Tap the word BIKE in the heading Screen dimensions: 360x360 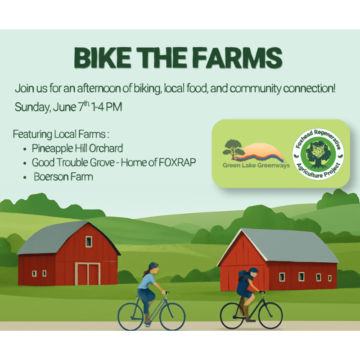tap(103, 58)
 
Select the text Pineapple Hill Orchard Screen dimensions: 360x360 tap(77, 148)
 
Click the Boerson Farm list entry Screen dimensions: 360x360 tap(63, 177)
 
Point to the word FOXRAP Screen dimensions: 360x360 tap(177, 162)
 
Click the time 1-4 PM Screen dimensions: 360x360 tap(106, 107)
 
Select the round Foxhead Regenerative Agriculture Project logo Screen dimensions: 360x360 tap(318, 154)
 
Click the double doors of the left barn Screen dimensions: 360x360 tap(87, 274)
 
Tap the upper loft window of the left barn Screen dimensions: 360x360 tap(89, 242)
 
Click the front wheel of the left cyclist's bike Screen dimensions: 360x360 tap(172, 317)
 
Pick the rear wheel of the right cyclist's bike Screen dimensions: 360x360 tap(233, 316)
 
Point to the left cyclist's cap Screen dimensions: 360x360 tap(153, 266)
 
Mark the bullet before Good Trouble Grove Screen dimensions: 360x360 tap(25, 163)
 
